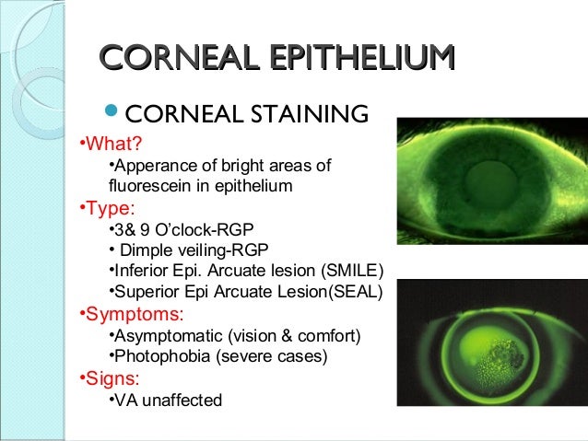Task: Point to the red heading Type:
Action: (109, 207)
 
